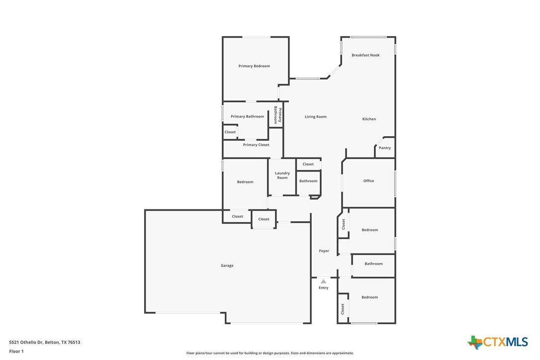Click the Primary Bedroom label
pyautogui.click(x=254, y=66)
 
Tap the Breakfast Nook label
pyautogui.click(x=365, y=55)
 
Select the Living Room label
pyautogui.click(x=315, y=117)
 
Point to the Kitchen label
pyautogui.click(x=369, y=119)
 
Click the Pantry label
pyautogui.click(x=385, y=148)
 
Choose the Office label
pyautogui.click(x=368, y=181)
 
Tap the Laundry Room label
pyautogui.click(x=282, y=176)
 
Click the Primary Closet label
pyautogui.click(x=256, y=145)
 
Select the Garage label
pyautogui.click(x=227, y=266)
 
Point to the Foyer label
pyautogui.click(x=324, y=251)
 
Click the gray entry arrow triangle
pyautogui.click(x=323, y=281)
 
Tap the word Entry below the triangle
pyautogui.click(x=323, y=288)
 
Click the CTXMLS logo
pyautogui.click(x=498, y=342)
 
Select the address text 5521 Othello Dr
pyautogui.click(x=26, y=342)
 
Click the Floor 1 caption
pyautogui.click(x=16, y=352)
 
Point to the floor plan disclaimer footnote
pyautogui.click(x=270, y=353)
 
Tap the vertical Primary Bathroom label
pyautogui.click(x=277, y=115)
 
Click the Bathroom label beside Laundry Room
pyautogui.click(x=308, y=181)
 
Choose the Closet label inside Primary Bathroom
pyautogui.click(x=230, y=132)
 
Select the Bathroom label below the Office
pyautogui.click(x=373, y=264)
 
